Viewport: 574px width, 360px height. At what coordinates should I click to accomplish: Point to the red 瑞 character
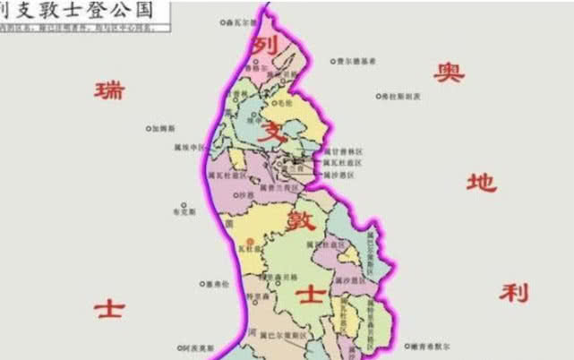[x=110, y=90]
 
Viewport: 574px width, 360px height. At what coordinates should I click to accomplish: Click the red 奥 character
[x=449, y=73]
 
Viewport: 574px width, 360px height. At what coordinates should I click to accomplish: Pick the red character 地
[x=481, y=184]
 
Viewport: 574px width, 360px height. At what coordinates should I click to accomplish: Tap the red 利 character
[x=514, y=292]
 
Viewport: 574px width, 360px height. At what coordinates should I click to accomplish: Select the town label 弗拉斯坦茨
[x=399, y=96]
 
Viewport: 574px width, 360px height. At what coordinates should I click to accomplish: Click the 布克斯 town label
[x=183, y=212]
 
